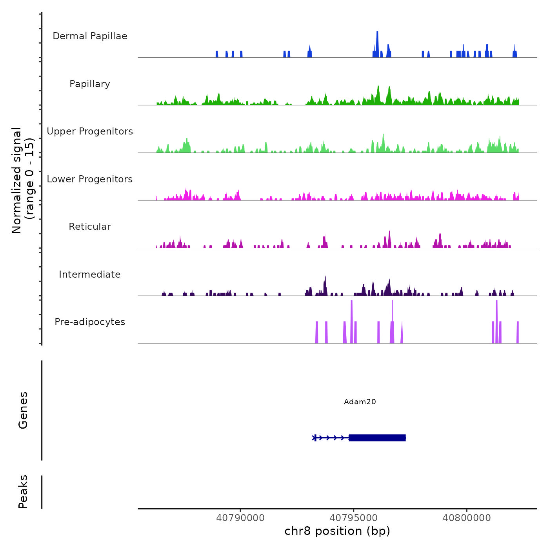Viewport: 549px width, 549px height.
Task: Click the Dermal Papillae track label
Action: pyautogui.click(x=90, y=36)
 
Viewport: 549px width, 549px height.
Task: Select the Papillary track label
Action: pyautogui.click(x=90, y=84)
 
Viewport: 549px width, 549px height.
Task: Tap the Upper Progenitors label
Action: pyautogui.click(x=90, y=131)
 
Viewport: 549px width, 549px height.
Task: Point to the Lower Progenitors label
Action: pyautogui.click(x=90, y=179)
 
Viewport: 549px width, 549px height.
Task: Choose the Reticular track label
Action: pyautogui.click(x=90, y=227)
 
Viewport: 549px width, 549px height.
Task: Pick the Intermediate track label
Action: pyautogui.click(x=90, y=274)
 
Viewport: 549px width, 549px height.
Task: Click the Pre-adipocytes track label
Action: pyautogui.click(x=90, y=322)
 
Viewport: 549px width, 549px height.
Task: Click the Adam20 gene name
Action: pyautogui.click(x=360, y=402)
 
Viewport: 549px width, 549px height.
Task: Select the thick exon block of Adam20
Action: pyautogui.click(x=377, y=438)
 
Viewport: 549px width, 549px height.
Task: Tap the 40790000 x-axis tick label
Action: pyautogui.click(x=240, y=518)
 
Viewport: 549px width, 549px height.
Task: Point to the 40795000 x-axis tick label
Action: pyautogui.click(x=354, y=518)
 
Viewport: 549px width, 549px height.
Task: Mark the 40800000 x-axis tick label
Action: pyautogui.click(x=467, y=518)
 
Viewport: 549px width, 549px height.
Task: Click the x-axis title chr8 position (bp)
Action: pyautogui.click(x=337, y=531)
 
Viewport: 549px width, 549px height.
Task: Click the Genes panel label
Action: pyautogui.click(x=23, y=410)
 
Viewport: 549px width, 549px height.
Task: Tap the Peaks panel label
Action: pyautogui.click(x=23, y=492)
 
